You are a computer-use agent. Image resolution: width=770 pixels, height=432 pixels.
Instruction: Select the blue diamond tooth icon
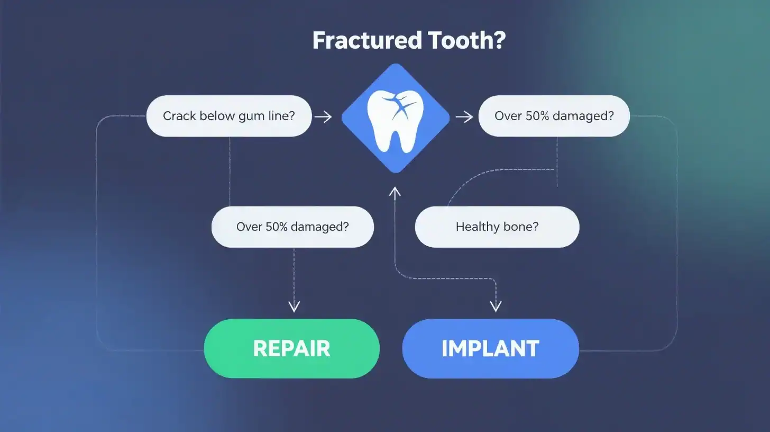click(395, 118)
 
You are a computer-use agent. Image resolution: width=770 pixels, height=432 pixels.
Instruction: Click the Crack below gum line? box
click(228, 116)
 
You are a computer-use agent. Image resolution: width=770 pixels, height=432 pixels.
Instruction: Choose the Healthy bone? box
click(497, 227)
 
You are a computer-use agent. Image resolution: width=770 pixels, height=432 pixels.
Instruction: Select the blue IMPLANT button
click(490, 348)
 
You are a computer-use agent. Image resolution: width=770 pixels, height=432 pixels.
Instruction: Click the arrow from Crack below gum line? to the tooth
click(323, 116)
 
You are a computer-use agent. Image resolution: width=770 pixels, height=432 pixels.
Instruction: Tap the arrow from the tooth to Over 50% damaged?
click(464, 116)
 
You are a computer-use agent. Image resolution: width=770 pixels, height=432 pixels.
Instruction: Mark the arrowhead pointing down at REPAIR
click(294, 307)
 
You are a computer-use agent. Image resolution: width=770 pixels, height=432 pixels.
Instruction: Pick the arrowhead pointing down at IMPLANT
click(496, 307)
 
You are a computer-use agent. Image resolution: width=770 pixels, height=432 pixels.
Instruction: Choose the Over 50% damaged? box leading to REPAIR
click(292, 227)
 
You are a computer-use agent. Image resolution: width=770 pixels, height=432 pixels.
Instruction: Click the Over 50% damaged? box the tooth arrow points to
click(554, 116)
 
